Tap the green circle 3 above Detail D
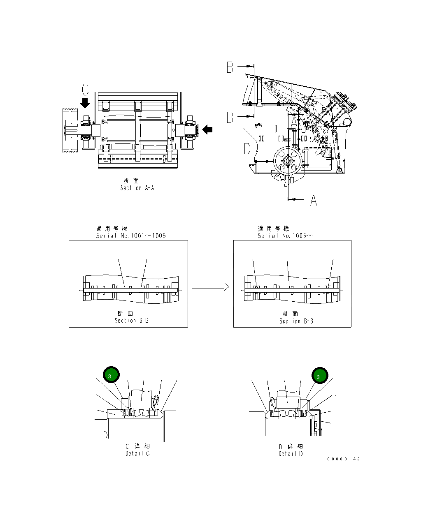[319, 375]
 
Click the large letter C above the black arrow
[85, 90]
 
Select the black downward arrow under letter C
[85, 103]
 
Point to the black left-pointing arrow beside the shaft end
[208, 129]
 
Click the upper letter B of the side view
[230, 67]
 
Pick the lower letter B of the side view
[230, 118]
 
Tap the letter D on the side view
[247, 148]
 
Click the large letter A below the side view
[313, 200]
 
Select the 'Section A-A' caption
[137, 188]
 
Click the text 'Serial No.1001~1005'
[131, 236]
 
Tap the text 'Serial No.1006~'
[285, 236]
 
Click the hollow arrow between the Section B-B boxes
[210, 286]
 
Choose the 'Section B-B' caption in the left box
[131, 320]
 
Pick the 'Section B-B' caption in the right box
[296, 321]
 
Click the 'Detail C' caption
[137, 453]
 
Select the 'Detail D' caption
[290, 454]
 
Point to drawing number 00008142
[343, 459]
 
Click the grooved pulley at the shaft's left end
[69, 131]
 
